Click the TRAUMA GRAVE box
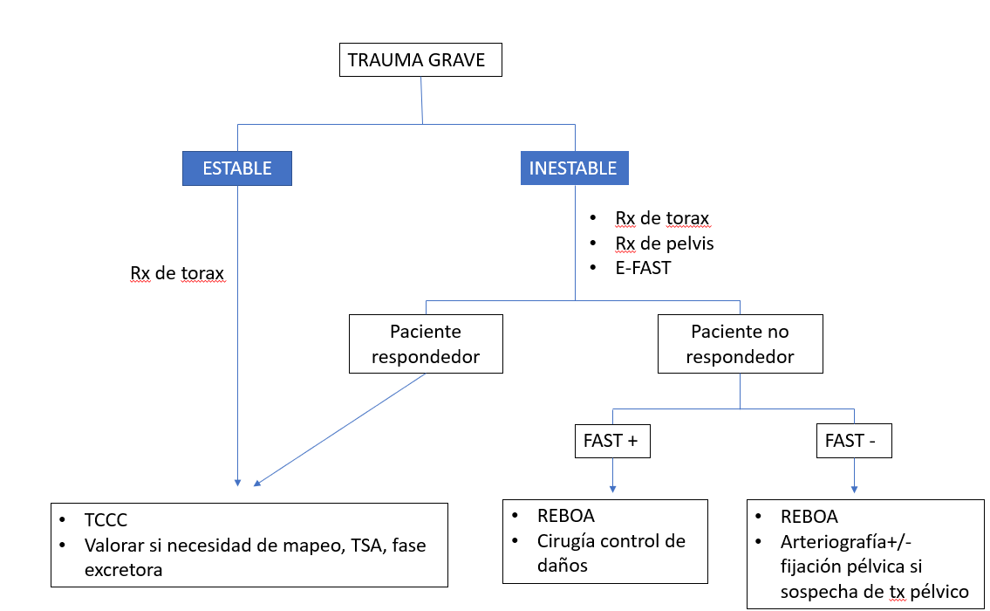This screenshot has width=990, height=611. (421, 60)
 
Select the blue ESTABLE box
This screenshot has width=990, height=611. (236, 168)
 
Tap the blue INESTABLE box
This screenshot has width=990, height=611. (573, 168)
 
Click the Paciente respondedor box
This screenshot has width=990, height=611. (426, 344)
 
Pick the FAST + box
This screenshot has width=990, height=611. (611, 441)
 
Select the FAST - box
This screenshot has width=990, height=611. (851, 441)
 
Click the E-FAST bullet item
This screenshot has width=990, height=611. (643, 268)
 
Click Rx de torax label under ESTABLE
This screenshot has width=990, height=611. (177, 273)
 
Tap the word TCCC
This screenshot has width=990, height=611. (106, 520)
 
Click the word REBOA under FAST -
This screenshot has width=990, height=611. (809, 518)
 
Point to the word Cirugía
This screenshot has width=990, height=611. (570, 541)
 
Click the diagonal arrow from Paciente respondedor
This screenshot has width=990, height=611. (340, 429)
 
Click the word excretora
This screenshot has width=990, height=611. (123, 570)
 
